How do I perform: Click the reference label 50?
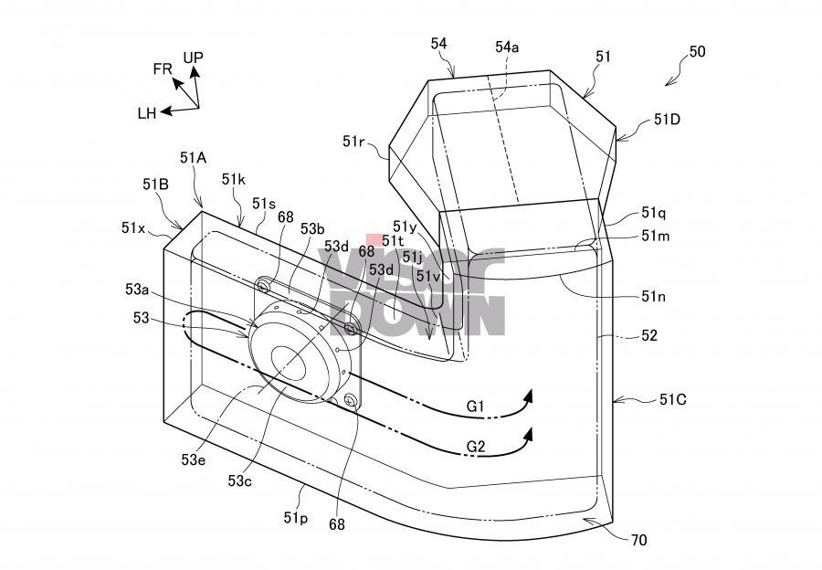tap(696, 52)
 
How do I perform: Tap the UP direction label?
tap(193, 58)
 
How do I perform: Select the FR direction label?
tap(163, 69)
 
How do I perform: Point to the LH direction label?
tap(147, 113)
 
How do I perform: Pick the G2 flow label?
tap(477, 447)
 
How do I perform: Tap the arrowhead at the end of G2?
tap(527, 435)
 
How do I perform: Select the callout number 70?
tap(638, 540)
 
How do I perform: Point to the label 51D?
tap(668, 120)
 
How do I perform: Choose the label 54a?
tap(508, 47)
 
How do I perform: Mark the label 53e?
tap(194, 459)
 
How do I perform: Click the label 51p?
tap(295, 518)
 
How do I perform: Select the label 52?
tap(649, 335)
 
